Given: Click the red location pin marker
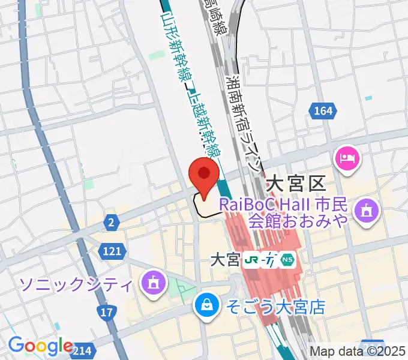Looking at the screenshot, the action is [x=204, y=175].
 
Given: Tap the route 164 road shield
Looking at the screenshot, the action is [x=322, y=110].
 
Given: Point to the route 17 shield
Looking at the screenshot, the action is [x=106, y=313].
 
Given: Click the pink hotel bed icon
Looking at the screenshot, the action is [x=347, y=158].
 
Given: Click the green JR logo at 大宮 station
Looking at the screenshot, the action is [x=251, y=260].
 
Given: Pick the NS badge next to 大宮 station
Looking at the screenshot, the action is [x=289, y=260].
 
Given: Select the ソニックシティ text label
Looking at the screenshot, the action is [x=76, y=283].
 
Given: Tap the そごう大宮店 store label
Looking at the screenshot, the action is [x=275, y=308].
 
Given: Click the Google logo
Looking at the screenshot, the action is [x=40, y=346].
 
